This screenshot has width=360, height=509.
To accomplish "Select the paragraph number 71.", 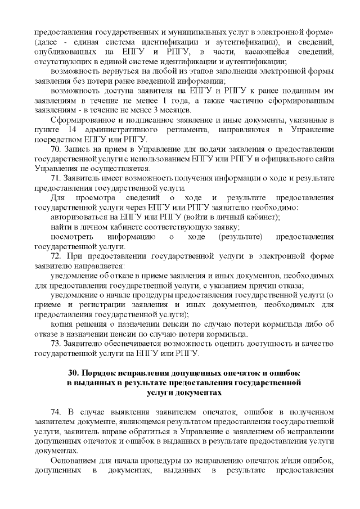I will click(x=56, y=178).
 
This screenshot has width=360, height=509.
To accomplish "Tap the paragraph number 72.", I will click(x=56, y=256).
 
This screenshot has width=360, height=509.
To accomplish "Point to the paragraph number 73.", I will click(x=56, y=344).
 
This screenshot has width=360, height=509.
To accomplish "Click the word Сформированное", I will click(x=80, y=120).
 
